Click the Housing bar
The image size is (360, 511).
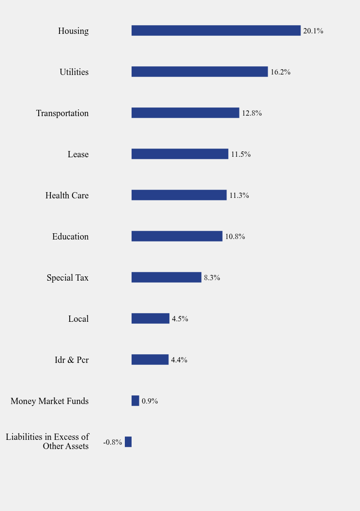[x=216, y=30]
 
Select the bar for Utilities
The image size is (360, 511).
[x=199, y=72]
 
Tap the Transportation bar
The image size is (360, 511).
[x=185, y=113]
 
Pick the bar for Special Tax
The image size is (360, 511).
[x=166, y=277]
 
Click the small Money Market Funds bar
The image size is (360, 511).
[x=135, y=401]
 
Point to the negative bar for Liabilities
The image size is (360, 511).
[x=128, y=442]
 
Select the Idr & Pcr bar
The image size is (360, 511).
[x=150, y=360]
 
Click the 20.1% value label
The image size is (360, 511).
[x=313, y=31]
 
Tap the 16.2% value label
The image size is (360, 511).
[x=281, y=72]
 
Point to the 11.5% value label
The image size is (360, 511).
[x=240, y=154]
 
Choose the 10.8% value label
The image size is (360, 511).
[x=235, y=237]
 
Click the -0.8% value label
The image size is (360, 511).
[x=113, y=442]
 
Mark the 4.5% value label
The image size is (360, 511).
[x=180, y=319]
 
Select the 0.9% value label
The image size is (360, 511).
[x=150, y=401]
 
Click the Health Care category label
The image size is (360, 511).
[x=67, y=195]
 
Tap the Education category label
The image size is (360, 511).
[x=70, y=237]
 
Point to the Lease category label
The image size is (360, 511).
[x=78, y=154]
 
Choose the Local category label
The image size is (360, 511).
[x=78, y=319]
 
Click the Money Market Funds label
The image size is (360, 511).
[x=49, y=401]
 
